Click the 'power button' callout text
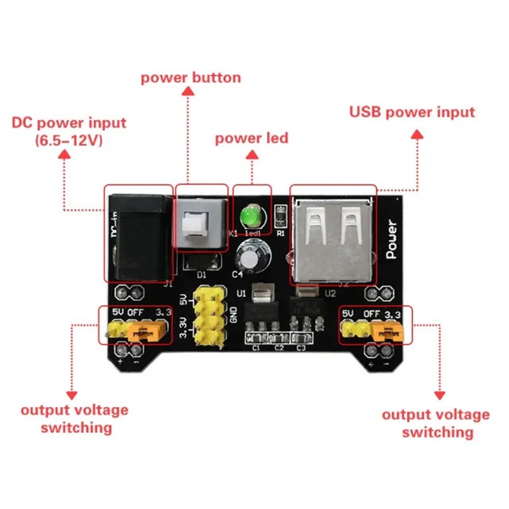click(x=190, y=78)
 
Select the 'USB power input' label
click(x=412, y=112)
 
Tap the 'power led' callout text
click(x=251, y=138)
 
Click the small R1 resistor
click(x=279, y=216)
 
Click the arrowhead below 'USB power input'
click(x=417, y=134)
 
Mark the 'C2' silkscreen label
click(x=278, y=348)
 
